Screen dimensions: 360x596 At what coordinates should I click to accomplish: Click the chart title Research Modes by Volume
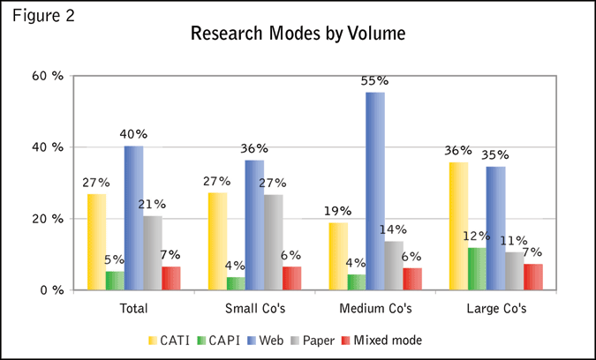[x=298, y=35]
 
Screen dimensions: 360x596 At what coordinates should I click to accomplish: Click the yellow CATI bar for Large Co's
[x=459, y=226]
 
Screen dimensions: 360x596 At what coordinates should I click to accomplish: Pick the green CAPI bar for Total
[x=115, y=280]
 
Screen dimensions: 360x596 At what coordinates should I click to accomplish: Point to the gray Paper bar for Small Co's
[x=273, y=242]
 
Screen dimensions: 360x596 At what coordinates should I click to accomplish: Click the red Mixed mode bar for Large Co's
[x=533, y=276]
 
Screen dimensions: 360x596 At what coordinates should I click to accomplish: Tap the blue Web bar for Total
[x=133, y=217]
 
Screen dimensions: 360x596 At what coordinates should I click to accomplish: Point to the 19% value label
[x=338, y=211]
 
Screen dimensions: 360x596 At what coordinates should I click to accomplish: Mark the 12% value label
[x=477, y=236]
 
